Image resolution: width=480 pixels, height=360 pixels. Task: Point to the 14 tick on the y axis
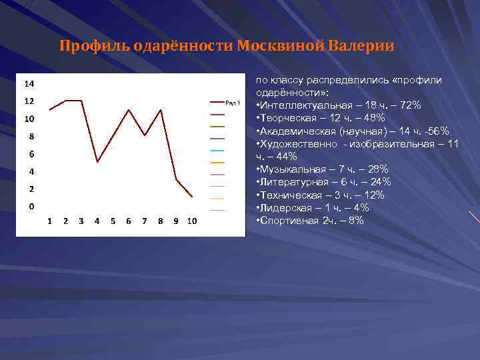pyautogui.click(x=30, y=84)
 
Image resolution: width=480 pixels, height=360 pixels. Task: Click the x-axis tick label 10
pyautogui.click(x=192, y=221)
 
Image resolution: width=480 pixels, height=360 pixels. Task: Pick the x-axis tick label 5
pyautogui.click(x=113, y=221)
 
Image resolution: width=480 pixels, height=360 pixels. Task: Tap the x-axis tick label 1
pyautogui.click(x=50, y=221)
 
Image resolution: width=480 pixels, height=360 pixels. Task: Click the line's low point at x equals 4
pyautogui.click(x=97, y=162)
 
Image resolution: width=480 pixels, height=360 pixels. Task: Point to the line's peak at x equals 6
pyautogui.click(x=129, y=109)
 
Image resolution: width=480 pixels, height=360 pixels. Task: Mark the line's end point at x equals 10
pyautogui.click(x=192, y=197)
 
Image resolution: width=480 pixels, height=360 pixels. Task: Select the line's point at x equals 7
pyautogui.click(x=145, y=135)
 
